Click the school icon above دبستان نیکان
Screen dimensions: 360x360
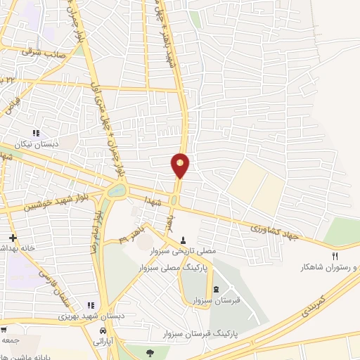pos(36,133)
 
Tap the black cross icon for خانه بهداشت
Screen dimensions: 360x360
pos(13,238)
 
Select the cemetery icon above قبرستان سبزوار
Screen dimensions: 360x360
pos(216,290)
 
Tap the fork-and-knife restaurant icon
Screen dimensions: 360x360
pos(335,257)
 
